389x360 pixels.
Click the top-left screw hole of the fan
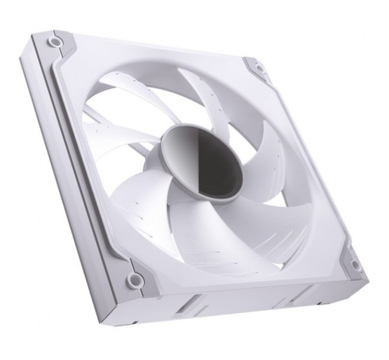pos(53,42)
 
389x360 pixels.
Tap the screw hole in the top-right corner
pos(259,69)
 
